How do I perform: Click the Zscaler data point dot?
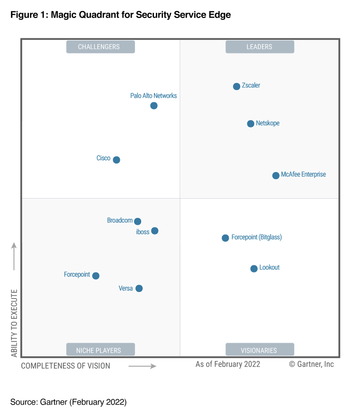(x=236, y=86)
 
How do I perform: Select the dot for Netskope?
(x=251, y=124)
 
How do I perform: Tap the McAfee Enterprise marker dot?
(x=276, y=175)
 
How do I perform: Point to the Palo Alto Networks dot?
(x=154, y=106)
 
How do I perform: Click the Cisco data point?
(x=117, y=160)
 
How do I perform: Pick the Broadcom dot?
(x=137, y=221)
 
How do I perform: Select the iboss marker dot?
(x=154, y=231)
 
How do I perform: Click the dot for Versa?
(x=139, y=288)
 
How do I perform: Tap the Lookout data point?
(x=254, y=269)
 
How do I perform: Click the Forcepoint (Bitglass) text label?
(x=256, y=237)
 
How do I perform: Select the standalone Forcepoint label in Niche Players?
(x=77, y=274)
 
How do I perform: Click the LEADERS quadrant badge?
(x=260, y=47)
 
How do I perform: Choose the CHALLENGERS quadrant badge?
(x=100, y=47)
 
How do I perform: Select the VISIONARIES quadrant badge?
(x=260, y=350)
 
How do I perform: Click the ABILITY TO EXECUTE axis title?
(x=14, y=323)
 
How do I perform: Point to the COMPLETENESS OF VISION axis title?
(x=65, y=366)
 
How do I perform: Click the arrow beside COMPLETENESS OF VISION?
(x=142, y=366)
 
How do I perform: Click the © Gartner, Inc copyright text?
(x=311, y=364)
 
